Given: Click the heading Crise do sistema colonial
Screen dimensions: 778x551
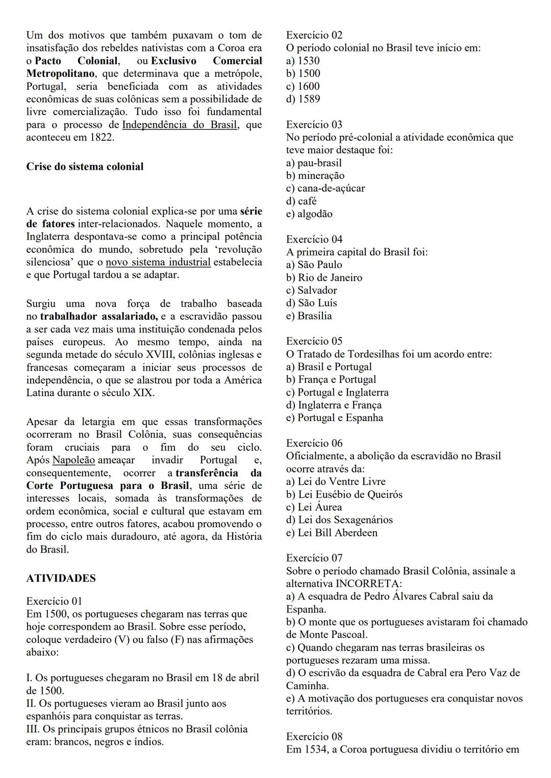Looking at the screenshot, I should click(85, 167).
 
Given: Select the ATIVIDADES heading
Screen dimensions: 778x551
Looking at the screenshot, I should click(61, 578).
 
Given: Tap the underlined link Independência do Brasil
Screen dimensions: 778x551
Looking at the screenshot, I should click(180, 125).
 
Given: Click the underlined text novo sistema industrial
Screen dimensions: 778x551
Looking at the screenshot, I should click(158, 262).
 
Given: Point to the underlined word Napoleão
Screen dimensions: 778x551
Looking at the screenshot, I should click(73, 460).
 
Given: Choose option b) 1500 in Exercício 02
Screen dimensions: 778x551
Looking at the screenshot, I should click(303, 73).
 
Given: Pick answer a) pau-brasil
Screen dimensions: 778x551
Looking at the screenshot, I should click(314, 163).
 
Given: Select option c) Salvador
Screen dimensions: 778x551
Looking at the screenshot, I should click(311, 290).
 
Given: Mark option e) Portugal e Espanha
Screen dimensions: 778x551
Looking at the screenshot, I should click(334, 418).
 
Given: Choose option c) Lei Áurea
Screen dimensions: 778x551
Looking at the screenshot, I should click(314, 507).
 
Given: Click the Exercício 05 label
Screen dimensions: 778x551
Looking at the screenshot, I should click(314, 341).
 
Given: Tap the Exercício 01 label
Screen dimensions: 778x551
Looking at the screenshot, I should click(54, 601).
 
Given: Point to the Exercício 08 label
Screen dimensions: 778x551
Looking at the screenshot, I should click(314, 736).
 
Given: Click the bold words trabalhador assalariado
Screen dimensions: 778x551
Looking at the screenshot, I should click(99, 317).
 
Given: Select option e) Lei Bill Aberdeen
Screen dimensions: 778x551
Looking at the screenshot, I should click(332, 533).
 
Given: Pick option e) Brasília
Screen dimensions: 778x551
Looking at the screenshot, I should click(309, 316).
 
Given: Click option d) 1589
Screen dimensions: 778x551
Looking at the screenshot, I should click(303, 99).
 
